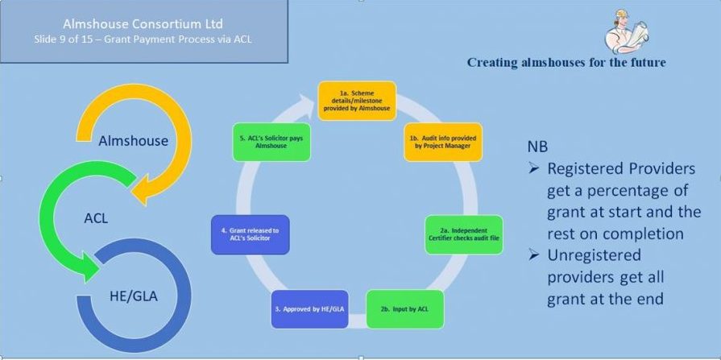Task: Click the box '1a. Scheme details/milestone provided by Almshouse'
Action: coord(357,101)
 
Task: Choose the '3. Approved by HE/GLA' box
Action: coord(310,309)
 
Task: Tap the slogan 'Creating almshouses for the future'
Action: coord(566,62)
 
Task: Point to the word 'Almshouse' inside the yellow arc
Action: coord(133,141)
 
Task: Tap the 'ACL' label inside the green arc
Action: coord(96,218)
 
